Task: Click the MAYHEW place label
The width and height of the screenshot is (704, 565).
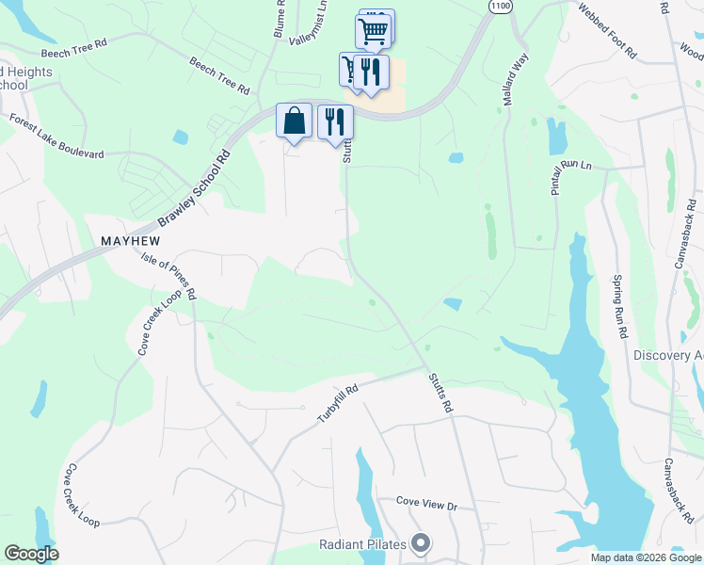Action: tap(130, 241)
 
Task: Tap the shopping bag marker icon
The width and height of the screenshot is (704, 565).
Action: tap(294, 121)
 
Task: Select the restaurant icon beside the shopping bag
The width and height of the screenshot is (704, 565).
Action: tap(335, 121)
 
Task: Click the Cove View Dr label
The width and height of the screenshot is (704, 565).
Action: tap(426, 505)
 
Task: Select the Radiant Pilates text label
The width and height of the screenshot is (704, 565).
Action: tap(362, 544)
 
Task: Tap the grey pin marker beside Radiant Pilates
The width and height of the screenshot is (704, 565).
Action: tap(422, 544)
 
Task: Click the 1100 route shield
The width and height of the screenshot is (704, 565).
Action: tap(501, 6)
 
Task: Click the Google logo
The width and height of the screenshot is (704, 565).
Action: tap(31, 554)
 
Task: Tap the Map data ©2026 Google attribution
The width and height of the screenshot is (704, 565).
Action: tap(646, 557)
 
